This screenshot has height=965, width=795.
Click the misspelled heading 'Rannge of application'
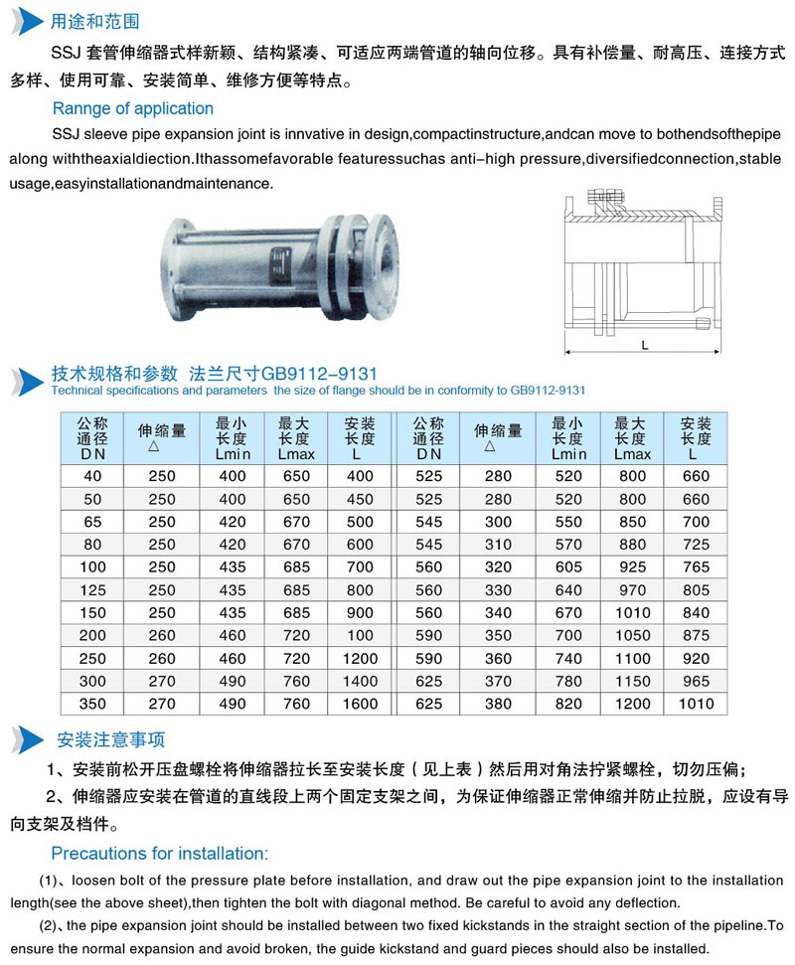(132, 108)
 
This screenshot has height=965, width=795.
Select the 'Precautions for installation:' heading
(159, 853)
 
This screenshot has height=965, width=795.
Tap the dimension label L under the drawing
(644, 345)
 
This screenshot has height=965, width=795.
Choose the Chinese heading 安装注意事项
(110, 739)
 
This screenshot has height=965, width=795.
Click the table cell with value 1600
(360, 704)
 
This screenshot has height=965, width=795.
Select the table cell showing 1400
(360, 681)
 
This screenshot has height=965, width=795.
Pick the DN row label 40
(93, 476)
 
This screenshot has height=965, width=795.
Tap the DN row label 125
(93, 590)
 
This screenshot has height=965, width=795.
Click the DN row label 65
(93, 522)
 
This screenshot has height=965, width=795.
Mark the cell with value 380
(498, 704)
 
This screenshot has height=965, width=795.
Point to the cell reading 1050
(632, 635)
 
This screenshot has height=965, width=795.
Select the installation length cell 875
(697, 635)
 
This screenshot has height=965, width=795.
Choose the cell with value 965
(697, 681)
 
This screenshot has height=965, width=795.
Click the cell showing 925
(632, 566)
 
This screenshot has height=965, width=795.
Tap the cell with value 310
(498, 545)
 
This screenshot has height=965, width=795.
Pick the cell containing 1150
(632, 681)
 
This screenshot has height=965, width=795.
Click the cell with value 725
(697, 545)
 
